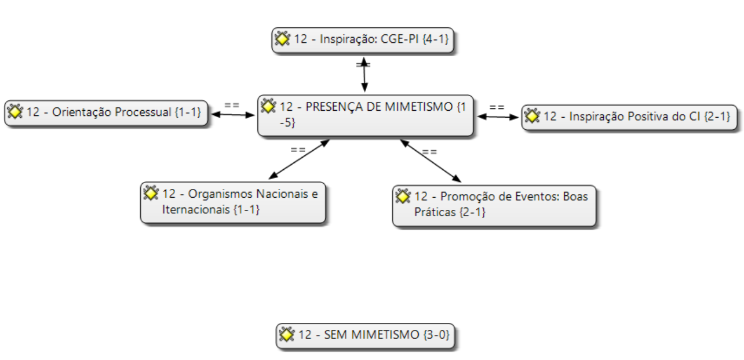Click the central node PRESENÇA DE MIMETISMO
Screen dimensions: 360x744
coord(365,115)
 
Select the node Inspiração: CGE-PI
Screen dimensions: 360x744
coord(363,41)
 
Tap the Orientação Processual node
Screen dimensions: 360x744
coord(107,113)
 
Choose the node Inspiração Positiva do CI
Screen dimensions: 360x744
coord(630,117)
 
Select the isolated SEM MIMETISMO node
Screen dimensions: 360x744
coord(366,336)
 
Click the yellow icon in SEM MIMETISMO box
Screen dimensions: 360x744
coord(286,334)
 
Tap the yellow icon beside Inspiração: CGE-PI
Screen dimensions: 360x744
coord(282,39)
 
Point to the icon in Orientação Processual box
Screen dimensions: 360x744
coord(14,112)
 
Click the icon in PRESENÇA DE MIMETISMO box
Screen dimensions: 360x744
coord(268,106)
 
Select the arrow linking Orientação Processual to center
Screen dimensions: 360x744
coord(232,115)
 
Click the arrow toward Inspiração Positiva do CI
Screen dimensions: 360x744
coord(498,117)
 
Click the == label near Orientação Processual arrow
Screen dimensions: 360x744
coord(232,105)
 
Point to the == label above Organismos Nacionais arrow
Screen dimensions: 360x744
coord(298,149)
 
